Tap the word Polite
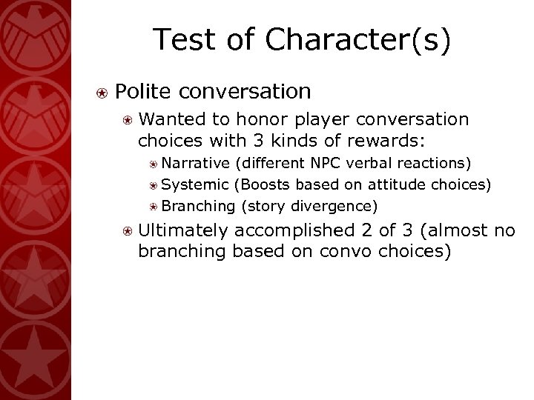click(x=142, y=91)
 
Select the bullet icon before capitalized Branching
click(x=154, y=205)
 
